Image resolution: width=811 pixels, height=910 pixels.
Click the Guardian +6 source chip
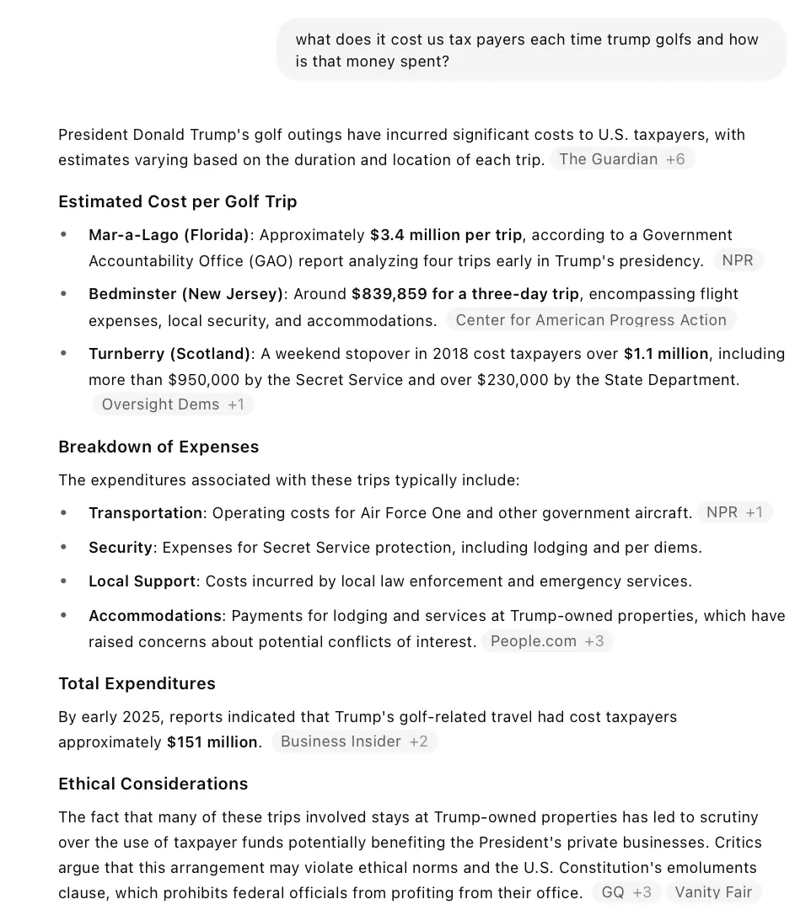point(622,159)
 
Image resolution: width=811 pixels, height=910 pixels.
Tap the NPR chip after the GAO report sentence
point(738,260)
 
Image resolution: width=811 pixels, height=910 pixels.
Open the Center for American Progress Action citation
point(590,320)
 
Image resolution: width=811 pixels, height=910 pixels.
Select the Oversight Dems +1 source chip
point(173,404)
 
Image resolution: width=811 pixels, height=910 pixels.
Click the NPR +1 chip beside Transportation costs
point(733,512)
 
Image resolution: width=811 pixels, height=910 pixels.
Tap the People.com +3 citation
point(547,641)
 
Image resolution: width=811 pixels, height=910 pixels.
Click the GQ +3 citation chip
point(626,892)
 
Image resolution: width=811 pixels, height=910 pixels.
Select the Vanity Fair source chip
point(713,892)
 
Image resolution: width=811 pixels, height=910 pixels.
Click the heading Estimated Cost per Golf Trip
point(177,201)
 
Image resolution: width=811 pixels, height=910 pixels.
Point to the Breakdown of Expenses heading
point(158,447)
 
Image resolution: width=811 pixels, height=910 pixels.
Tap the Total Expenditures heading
point(137,683)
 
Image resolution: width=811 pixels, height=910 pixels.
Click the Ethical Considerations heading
point(153,784)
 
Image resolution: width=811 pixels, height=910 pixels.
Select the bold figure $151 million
point(212,742)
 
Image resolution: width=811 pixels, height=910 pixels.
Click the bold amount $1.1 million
point(666,354)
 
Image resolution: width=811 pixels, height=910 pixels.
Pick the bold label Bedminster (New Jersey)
point(185,294)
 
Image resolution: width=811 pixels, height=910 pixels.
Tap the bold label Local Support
point(142,581)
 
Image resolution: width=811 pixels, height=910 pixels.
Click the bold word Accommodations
point(155,616)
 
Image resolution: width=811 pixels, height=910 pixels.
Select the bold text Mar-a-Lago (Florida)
point(169,235)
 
